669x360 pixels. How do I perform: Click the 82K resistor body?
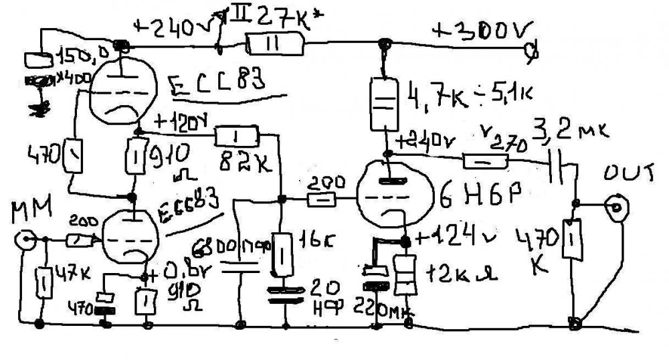(235, 137)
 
